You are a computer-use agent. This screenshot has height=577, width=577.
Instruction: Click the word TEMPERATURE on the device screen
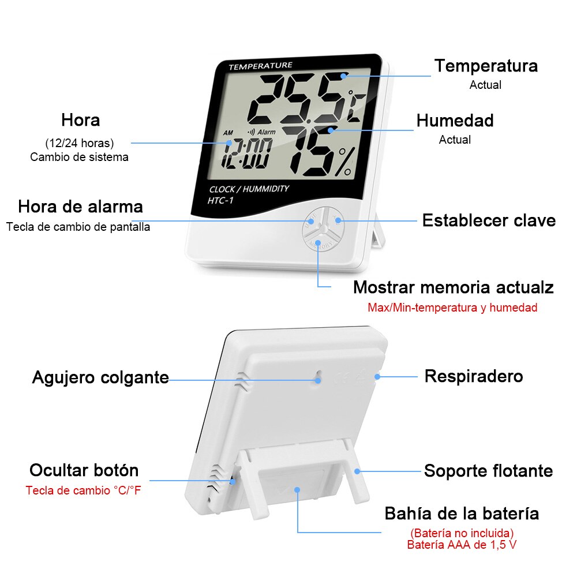260,66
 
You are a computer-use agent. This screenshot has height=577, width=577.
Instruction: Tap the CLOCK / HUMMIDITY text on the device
249,189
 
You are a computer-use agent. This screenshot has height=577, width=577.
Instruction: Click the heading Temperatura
486,66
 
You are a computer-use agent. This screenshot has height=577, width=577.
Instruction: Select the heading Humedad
455,121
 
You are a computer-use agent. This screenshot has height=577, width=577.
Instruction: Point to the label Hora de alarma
80,207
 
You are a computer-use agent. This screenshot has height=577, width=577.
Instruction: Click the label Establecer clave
489,220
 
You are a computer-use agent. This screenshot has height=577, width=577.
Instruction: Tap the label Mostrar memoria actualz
453,287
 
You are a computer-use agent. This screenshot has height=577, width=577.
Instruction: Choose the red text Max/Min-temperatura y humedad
452,308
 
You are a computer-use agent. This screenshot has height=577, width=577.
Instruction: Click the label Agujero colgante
100,378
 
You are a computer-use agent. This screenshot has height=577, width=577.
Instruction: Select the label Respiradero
474,376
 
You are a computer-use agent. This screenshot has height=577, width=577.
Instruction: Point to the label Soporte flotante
488,471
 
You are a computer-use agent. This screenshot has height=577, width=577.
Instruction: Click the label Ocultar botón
84,470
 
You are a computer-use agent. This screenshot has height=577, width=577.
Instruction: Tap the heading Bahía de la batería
462,513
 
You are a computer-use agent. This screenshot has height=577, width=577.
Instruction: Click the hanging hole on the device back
318,380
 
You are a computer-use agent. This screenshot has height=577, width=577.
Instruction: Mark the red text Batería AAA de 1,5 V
462,544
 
